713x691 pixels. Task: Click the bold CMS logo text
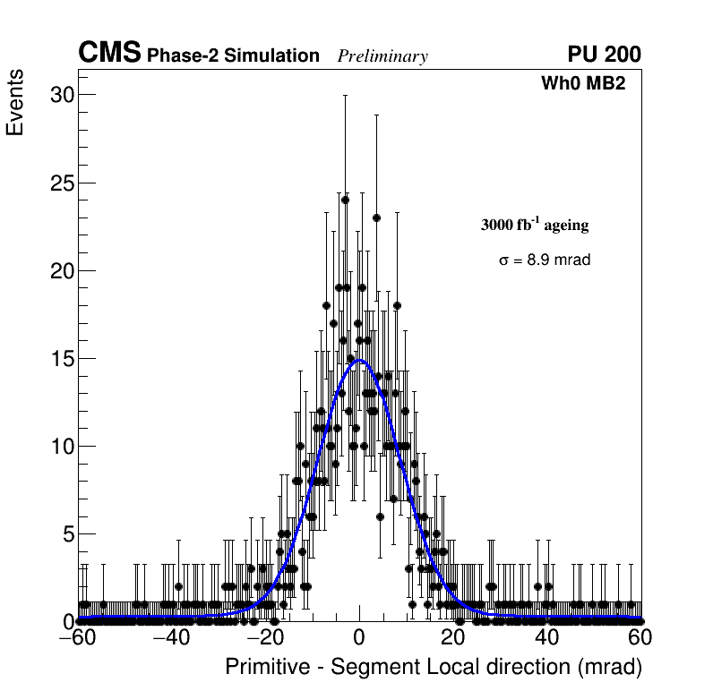(x=109, y=54)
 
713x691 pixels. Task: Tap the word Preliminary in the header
(x=382, y=56)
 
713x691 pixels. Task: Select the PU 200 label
(x=604, y=55)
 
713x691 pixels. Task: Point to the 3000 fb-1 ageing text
(x=535, y=225)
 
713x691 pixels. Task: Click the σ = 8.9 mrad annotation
(x=545, y=260)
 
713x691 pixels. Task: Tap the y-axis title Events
(x=15, y=103)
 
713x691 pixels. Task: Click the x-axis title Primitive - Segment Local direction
(x=434, y=668)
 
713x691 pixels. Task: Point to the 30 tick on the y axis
(x=60, y=95)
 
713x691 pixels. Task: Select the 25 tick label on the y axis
(x=60, y=183)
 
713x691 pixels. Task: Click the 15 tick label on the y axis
(x=60, y=359)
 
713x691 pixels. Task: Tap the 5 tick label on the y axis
(x=65, y=534)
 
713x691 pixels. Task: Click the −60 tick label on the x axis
(x=78, y=639)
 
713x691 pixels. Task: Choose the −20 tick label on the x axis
(x=265, y=639)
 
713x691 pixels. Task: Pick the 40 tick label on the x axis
(x=546, y=639)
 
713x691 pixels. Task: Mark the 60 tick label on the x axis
(x=640, y=639)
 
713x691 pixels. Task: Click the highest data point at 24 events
(x=345, y=200)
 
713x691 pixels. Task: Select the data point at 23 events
(x=377, y=218)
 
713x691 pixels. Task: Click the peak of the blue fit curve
(x=359, y=361)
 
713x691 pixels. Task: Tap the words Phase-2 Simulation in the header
(x=233, y=56)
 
